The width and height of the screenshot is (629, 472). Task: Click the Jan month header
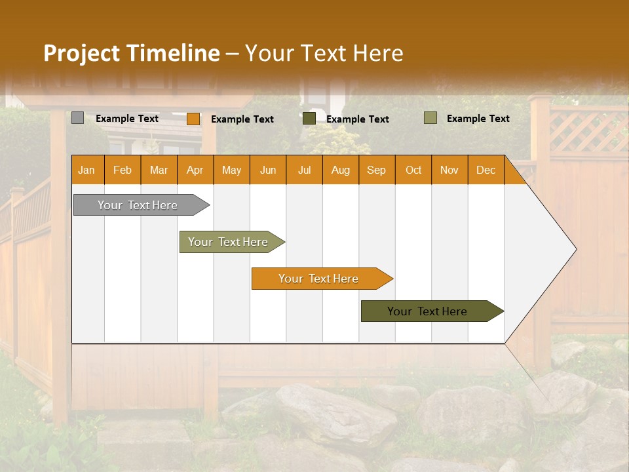point(86,170)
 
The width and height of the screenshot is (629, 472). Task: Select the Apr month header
point(195,170)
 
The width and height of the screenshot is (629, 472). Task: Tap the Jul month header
point(304,170)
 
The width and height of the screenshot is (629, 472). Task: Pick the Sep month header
point(376,170)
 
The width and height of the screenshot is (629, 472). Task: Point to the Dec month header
point(486,170)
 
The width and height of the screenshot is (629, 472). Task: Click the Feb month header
point(123,170)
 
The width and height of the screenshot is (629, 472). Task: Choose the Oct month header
point(413,170)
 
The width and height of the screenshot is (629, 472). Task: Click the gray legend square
point(77,118)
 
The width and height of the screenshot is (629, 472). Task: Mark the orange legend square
point(193,119)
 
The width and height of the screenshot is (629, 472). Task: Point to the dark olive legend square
point(309,119)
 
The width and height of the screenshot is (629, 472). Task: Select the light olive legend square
point(430,118)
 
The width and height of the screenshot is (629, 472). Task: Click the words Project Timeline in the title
point(131,53)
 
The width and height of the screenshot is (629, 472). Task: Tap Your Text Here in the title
point(324,53)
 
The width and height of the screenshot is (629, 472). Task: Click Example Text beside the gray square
point(127,119)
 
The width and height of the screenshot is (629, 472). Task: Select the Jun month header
point(268,170)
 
